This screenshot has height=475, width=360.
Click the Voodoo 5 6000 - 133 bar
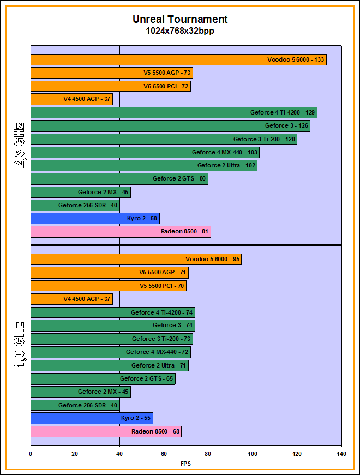[178, 60]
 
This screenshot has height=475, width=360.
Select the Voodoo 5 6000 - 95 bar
[136, 260]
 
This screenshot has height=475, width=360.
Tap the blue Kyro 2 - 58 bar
[95, 219]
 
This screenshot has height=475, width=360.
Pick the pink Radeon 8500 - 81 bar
[121, 232]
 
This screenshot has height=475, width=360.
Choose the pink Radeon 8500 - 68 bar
[106, 431]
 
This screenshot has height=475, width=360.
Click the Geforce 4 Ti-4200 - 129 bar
[174, 113]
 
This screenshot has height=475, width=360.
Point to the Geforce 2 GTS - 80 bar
[119, 179]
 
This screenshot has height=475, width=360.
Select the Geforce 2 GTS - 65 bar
[103, 378]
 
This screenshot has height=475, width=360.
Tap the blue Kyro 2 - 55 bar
[92, 418]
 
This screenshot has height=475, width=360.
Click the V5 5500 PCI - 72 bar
[111, 86]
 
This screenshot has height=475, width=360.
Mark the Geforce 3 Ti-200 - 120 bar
[164, 139]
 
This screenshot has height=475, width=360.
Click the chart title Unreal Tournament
[180, 20]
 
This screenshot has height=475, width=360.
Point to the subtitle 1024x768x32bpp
[180, 31]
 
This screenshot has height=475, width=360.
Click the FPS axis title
[186, 464]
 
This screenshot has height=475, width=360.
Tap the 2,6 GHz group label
[19, 146]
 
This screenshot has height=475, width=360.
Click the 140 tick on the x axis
[341, 454]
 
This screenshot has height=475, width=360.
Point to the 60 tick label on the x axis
[164, 454]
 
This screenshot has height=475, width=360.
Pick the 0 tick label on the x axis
[31, 454]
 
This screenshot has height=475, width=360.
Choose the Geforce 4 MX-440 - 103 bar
[145, 153]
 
